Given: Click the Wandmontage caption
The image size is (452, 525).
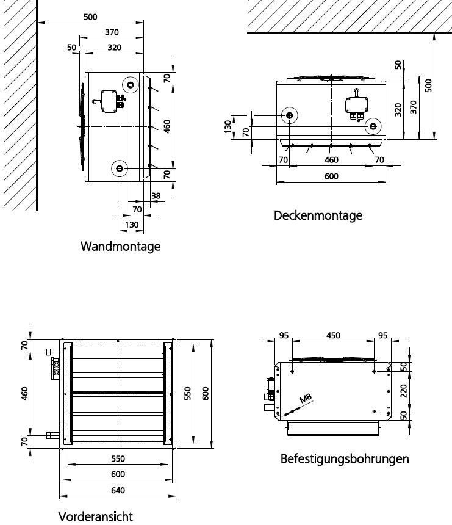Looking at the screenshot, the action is click(120, 247).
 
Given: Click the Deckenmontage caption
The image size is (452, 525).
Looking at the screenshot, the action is click(318, 215).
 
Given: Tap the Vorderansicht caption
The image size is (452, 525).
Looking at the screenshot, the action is click(96, 516).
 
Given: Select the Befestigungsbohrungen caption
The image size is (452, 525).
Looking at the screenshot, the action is click(345, 458).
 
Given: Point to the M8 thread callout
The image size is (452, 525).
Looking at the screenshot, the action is click(305, 398).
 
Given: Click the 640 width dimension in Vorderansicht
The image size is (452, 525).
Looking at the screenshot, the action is click(118, 490).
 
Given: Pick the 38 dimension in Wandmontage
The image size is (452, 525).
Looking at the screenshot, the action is click(156, 195).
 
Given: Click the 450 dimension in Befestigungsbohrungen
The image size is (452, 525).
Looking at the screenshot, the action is click(333, 335).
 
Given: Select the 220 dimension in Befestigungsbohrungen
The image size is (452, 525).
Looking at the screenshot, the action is click(403, 391).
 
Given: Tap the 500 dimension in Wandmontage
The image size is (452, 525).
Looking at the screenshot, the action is click(90, 16).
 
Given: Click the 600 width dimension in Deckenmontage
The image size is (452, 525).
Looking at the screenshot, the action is click(331, 176).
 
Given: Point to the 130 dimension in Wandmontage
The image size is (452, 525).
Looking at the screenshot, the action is click(132, 225).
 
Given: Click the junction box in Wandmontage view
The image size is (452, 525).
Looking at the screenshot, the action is click(109, 101).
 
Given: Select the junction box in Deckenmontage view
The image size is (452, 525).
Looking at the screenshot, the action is click(357, 104).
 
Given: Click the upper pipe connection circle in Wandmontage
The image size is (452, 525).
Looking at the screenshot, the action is click(131, 85).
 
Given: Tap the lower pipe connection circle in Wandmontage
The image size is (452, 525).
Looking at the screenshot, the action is click(120, 168).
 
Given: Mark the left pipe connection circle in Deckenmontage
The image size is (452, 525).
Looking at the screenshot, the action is click(289, 115).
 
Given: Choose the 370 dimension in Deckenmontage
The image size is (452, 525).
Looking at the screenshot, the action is click(414, 107).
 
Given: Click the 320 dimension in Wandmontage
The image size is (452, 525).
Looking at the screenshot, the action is click(115, 48).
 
